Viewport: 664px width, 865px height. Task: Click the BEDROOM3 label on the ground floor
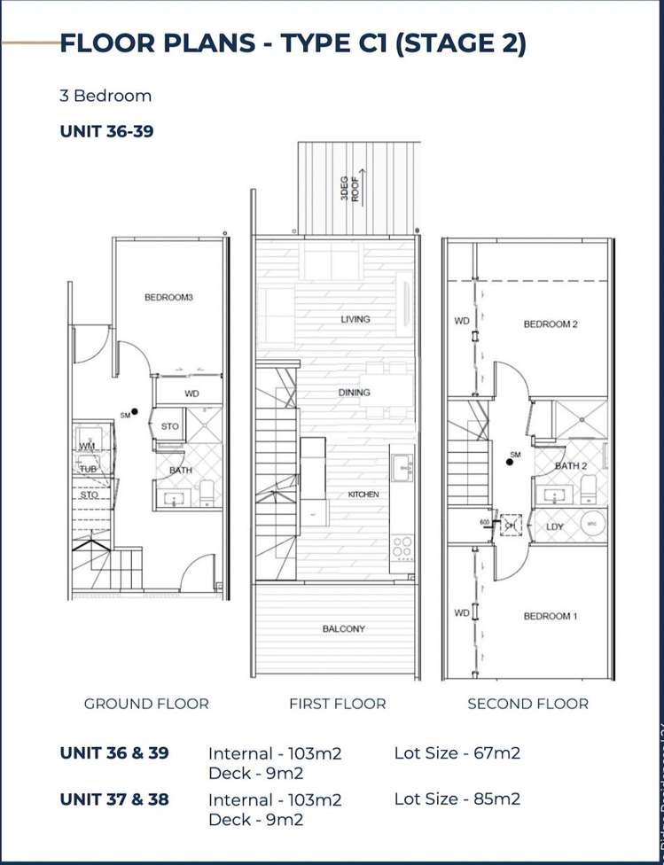coord(168,298)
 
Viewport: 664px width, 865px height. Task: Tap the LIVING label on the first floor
coord(355,319)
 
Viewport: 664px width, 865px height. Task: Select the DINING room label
coord(355,393)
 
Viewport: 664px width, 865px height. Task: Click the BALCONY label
coord(344,629)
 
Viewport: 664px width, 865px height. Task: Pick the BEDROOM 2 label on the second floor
coord(551,324)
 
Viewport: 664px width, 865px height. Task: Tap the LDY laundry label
coord(556,527)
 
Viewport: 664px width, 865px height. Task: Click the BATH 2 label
coord(571,465)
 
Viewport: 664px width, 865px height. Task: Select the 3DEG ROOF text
coord(350,187)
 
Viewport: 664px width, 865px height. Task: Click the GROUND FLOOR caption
coord(146,704)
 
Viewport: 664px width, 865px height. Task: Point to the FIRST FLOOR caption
coord(337,704)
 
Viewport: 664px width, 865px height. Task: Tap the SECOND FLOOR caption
coord(527,704)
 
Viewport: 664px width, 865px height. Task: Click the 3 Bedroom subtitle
coord(105,96)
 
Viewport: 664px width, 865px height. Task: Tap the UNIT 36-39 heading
coord(108,131)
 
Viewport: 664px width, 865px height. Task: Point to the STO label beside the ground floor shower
coord(170,426)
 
